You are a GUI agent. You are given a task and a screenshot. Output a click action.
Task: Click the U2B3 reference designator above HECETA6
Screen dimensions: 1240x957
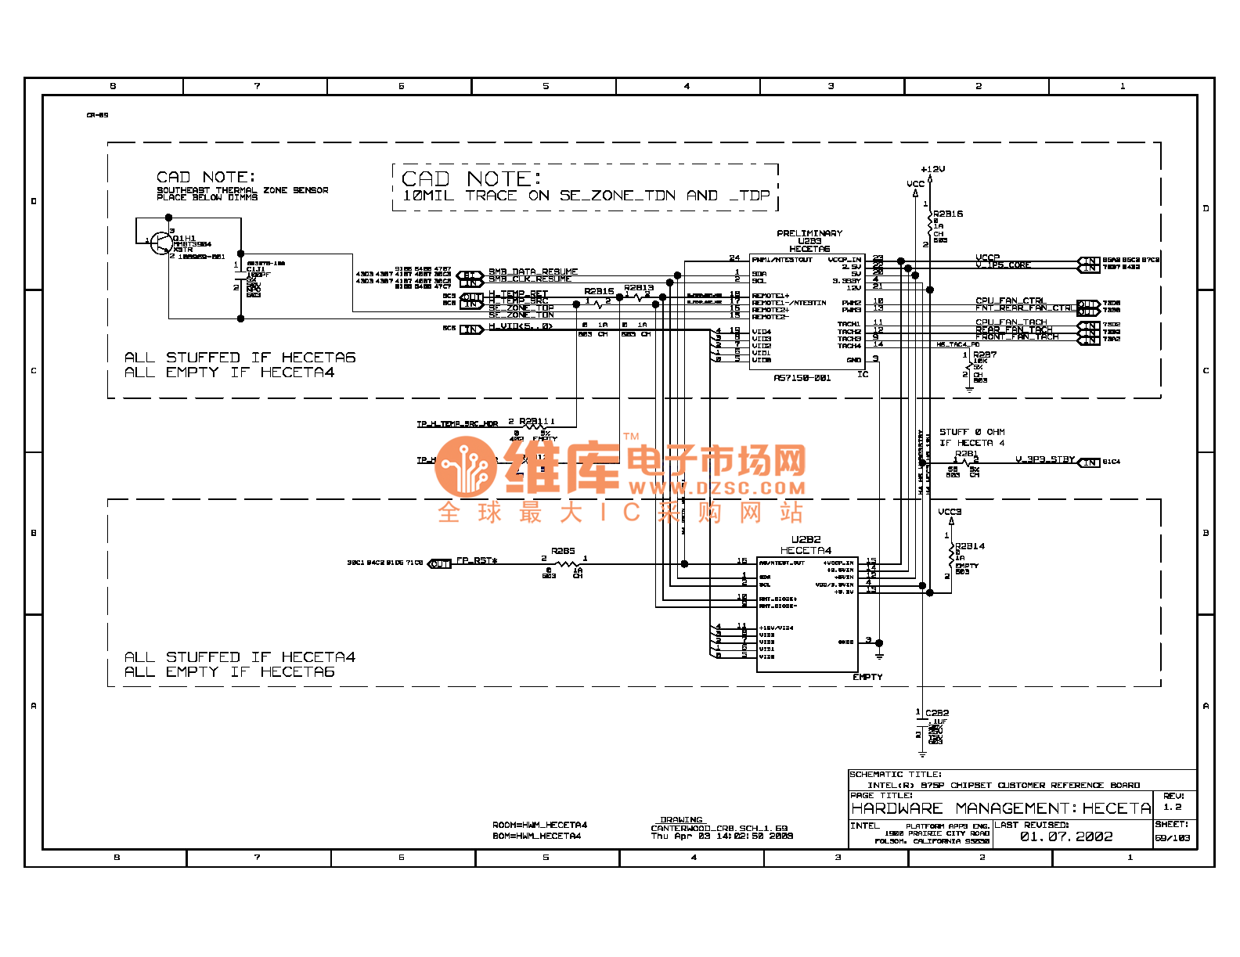pyautogui.click(x=809, y=241)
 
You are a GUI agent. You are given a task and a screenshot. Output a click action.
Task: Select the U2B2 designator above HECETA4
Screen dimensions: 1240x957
pyautogui.click(x=806, y=540)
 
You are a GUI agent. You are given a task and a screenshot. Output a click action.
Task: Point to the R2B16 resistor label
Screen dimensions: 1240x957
pyautogui.click(x=948, y=214)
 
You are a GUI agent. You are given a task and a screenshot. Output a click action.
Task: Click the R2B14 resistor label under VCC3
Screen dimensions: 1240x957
pyautogui.click(x=970, y=546)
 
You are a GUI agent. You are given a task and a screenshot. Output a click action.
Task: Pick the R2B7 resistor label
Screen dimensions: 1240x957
pyautogui.click(x=985, y=354)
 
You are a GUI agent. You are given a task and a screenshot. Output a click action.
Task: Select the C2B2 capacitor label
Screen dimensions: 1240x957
pyautogui.click(x=937, y=713)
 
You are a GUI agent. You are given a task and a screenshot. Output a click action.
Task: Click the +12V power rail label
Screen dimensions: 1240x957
pyautogui.click(x=932, y=169)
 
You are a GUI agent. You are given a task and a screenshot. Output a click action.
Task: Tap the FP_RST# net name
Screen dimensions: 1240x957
pyautogui.click(x=477, y=560)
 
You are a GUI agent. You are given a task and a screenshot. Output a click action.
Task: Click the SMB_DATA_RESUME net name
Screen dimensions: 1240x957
pyautogui.click(x=533, y=272)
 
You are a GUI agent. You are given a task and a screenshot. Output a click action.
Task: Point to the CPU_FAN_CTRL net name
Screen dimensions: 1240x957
pyautogui.click(x=1011, y=300)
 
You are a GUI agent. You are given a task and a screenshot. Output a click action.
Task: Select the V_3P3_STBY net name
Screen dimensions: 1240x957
pyautogui.click(x=1045, y=459)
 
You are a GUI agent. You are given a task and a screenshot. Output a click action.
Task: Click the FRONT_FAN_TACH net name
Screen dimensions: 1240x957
pyautogui.click(x=1017, y=337)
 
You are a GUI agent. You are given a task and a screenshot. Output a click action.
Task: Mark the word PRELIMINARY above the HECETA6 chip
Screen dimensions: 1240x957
pyautogui.click(x=809, y=233)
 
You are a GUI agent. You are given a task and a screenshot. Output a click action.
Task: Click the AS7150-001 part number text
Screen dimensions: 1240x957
pyautogui.click(x=802, y=378)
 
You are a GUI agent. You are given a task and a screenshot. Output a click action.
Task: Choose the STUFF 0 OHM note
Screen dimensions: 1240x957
pyautogui.click(x=972, y=432)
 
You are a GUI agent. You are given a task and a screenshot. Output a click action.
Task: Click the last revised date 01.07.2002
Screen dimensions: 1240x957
pyautogui.click(x=1065, y=836)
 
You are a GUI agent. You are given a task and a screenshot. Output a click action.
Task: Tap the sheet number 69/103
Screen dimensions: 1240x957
pyautogui.click(x=1172, y=838)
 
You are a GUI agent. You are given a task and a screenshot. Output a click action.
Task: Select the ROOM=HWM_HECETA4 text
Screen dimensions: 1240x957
pyautogui.click(x=539, y=825)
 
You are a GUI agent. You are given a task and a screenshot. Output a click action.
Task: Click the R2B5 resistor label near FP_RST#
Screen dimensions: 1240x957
pyautogui.click(x=563, y=551)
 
